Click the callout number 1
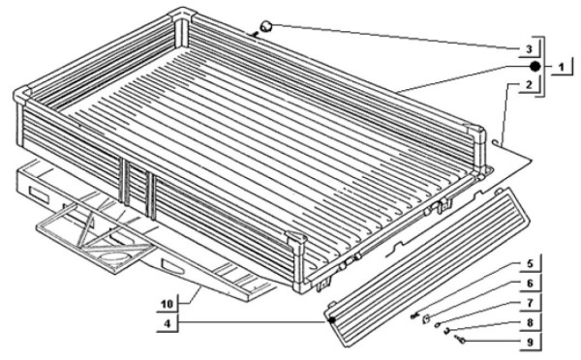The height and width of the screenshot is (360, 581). point(562,68)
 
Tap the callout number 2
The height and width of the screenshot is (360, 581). point(529,84)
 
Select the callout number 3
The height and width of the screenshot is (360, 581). point(529,49)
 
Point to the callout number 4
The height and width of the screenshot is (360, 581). point(168,323)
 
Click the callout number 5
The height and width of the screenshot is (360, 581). point(530,263)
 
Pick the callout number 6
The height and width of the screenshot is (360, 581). point(530,284)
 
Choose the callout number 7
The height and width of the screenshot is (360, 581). point(530,303)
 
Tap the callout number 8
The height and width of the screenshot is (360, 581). point(530,322)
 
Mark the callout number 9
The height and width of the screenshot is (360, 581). point(530,343)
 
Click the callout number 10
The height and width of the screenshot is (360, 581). point(168,304)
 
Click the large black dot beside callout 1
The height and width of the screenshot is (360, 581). point(535,67)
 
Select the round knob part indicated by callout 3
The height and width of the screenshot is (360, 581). point(266,27)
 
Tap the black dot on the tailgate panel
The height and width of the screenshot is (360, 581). point(332,319)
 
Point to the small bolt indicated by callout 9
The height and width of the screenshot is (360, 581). point(461,339)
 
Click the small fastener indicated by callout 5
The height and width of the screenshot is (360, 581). point(414,315)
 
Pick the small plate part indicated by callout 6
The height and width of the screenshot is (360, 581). point(427,317)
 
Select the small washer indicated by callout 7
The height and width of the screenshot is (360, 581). point(438,325)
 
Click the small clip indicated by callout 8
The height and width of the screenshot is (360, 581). point(447,331)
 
